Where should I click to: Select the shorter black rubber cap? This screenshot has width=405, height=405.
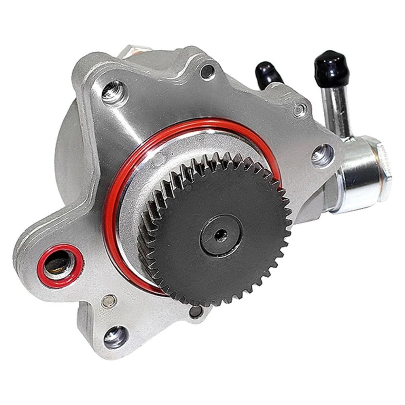268,74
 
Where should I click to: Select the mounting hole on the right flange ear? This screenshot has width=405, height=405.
322,155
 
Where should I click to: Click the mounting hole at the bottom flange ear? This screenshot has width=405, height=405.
116,337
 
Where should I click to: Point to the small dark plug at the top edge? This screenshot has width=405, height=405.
207,71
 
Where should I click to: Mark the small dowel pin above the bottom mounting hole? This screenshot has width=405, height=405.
109,301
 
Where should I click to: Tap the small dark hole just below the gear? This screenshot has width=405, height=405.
196,312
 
